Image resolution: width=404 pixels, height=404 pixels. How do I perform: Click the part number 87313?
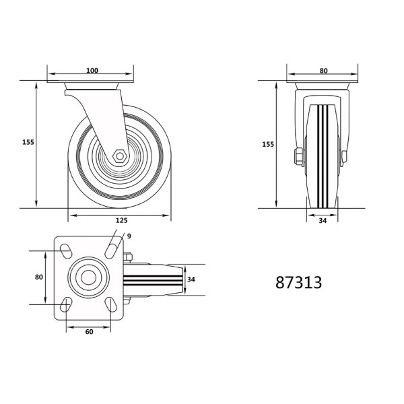[x=298, y=283]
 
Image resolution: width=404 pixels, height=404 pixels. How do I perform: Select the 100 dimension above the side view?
[x=92, y=71]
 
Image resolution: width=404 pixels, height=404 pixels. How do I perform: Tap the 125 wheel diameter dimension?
[x=121, y=220]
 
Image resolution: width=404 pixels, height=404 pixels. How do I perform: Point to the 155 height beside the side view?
[x=28, y=143]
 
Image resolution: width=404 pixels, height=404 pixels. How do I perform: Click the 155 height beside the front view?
[x=267, y=144]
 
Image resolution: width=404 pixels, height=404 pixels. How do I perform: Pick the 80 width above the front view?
[x=323, y=71]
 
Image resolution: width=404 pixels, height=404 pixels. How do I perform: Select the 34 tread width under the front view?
[x=323, y=220]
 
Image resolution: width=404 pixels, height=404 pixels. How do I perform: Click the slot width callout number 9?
[x=129, y=236]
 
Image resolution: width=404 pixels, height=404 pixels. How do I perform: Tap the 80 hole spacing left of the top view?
[x=38, y=277]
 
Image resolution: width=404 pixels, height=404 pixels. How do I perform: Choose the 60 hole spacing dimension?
[x=88, y=331]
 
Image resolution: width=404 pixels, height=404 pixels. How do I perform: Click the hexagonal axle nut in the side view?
[x=119, y=156]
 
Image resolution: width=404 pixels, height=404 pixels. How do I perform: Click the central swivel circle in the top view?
[x=88, y=278]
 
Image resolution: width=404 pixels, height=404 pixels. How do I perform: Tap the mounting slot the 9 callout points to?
[x=110, y=250]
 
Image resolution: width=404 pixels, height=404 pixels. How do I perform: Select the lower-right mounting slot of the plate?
[x=110, y=305]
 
